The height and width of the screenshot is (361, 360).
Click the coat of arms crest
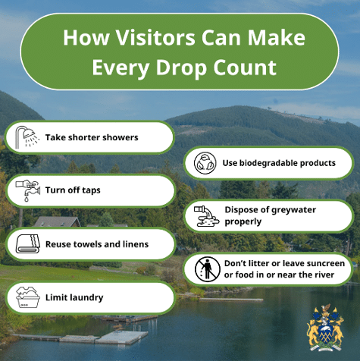click(x=325, y=326)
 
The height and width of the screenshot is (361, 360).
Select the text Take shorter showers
click(x=92, y=138)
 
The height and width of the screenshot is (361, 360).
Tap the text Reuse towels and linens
click(x=97, y=244)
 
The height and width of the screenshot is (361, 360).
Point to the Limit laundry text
click(x=74, y=298)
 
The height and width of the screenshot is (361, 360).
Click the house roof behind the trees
click(x=57, y=221)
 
